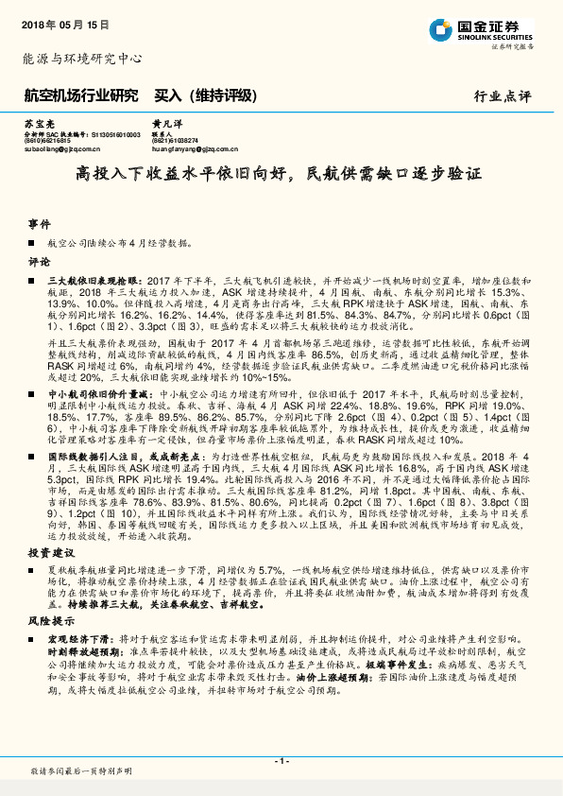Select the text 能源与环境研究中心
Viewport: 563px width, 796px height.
pos(81,59)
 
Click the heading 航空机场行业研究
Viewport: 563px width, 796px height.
pos(80,95)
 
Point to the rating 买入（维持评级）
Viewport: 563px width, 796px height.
pos(205,95)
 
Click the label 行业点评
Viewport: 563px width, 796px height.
pos(502,96)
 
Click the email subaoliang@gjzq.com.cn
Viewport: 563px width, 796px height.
pos(63,148)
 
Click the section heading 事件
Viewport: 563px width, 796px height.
pos(39,224)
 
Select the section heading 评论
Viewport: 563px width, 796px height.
pos(39,261)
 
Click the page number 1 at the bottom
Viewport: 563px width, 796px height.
pos(281,761)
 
